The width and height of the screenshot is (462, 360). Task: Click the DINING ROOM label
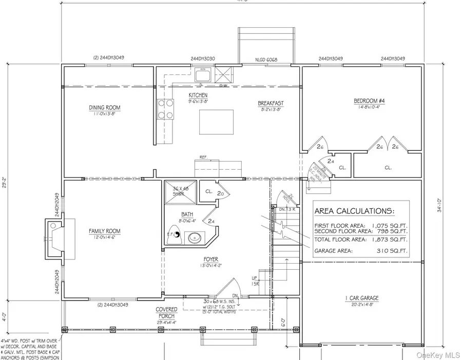click(104, 107)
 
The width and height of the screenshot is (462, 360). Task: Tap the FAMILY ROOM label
click(104, 231)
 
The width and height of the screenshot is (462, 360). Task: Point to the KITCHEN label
click(198, 96)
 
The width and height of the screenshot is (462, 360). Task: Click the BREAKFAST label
click(271, 104)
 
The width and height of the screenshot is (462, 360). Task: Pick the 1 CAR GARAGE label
click(362, 298)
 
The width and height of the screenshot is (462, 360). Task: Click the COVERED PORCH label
click(167, 312)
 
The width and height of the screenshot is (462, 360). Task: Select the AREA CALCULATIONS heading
click(354, 211)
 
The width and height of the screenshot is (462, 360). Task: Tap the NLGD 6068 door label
click(267, 59)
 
